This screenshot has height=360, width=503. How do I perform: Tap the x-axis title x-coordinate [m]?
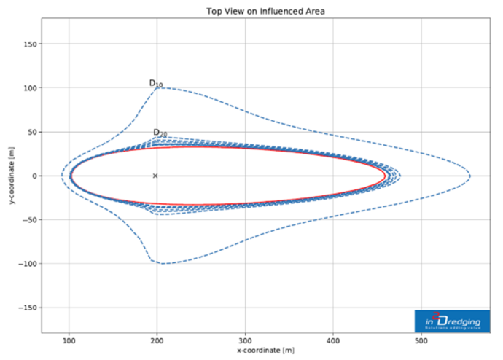265,351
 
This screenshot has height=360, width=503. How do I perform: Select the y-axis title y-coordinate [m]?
13,176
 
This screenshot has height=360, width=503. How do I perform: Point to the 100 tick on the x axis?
69,340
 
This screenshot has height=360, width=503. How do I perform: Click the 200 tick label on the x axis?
157,340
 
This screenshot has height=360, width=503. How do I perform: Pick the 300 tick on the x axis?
246,340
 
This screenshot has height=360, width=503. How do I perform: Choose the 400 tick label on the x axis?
334,340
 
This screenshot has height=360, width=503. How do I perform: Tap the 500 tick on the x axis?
421,340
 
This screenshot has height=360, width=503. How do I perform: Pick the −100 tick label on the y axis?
30,264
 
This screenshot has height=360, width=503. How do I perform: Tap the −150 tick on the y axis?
30,308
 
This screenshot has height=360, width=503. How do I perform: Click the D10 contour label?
156,83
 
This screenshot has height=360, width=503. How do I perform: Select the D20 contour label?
160,133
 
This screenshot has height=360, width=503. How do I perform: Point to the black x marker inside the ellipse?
155,176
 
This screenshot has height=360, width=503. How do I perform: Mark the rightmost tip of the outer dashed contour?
470,176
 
